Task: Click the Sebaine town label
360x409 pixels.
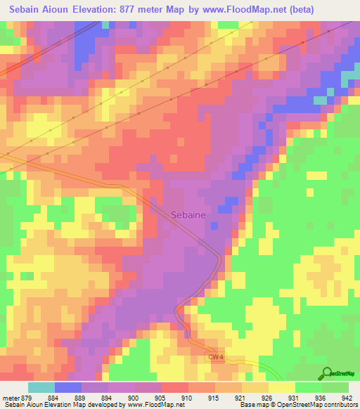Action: click(x=188, y=216)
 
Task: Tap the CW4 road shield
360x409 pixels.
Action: click(x=215, y=357)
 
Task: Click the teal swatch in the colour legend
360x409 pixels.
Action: click(x=41, y=387)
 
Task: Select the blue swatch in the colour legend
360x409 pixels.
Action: click(x=68, y=387)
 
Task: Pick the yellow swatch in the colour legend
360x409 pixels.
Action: click(x=282, y=387)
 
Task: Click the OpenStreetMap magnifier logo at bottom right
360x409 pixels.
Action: click(x=326, y=372)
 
